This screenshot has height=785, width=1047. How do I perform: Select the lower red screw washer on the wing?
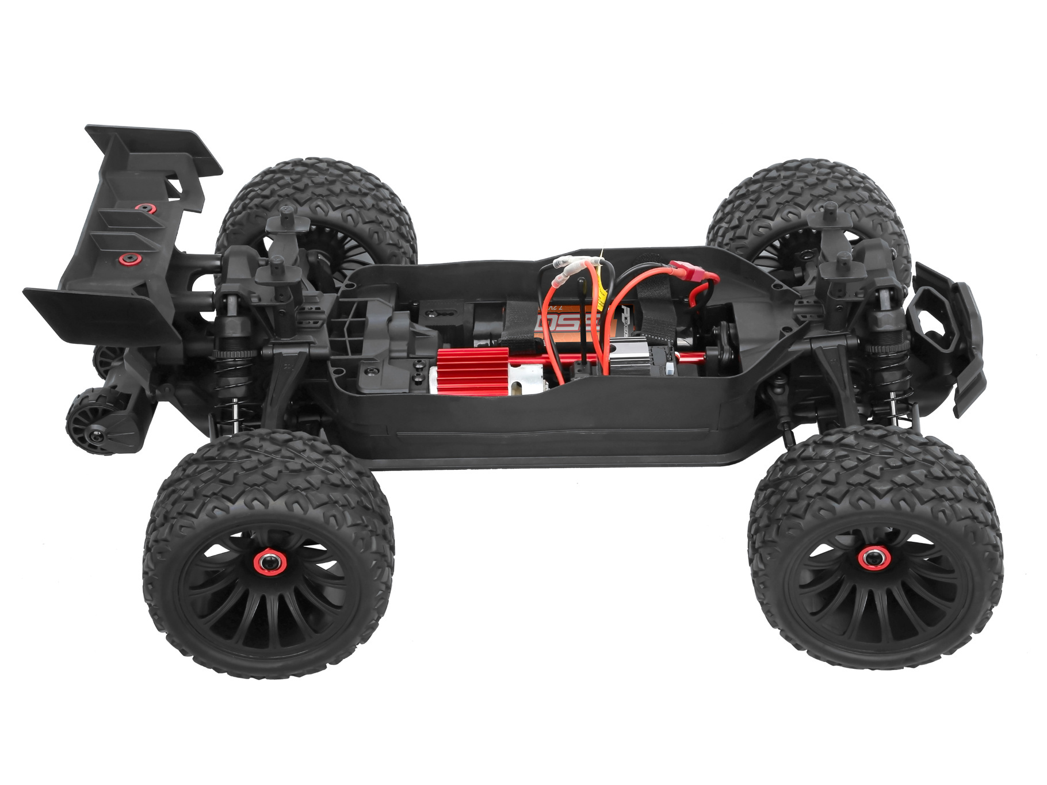[128, 258]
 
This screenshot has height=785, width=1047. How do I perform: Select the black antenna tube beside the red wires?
[583, 322]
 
